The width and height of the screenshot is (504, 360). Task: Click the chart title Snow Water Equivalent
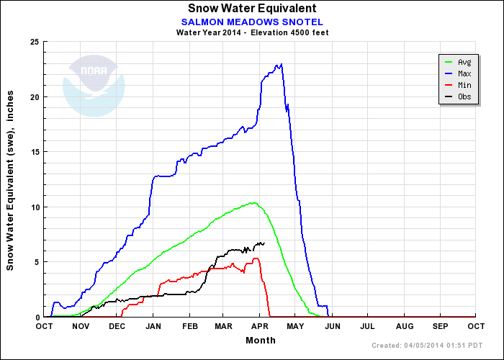tap(251, 9)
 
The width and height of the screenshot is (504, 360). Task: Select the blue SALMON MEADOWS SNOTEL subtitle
tap(251, 22)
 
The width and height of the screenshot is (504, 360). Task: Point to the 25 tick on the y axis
tap(34, 42)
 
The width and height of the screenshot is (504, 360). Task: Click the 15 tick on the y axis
tap(34, 152)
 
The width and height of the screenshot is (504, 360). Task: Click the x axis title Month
tap(259, 341)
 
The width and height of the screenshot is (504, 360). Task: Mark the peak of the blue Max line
tap(281, 64)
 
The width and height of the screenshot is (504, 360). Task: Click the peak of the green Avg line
tap(253, 202)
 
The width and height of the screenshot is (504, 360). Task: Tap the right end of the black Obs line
tap(264, 243)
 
